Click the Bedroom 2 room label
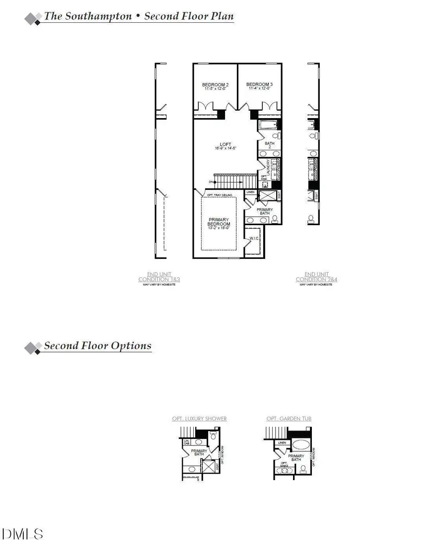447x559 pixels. coord(215,85)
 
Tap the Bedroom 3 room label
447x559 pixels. coord(259,85)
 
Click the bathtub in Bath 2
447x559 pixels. coord(269,126)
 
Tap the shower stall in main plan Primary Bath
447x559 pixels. coord(268,196)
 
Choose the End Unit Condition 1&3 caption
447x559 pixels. coord(159,277)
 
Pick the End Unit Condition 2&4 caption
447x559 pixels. coord(316,277)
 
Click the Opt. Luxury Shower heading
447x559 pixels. coord(199,419)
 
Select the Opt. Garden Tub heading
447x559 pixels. coord(289,419)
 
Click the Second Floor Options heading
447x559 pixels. coord(97,346)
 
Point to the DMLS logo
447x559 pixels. coord(23,534)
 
